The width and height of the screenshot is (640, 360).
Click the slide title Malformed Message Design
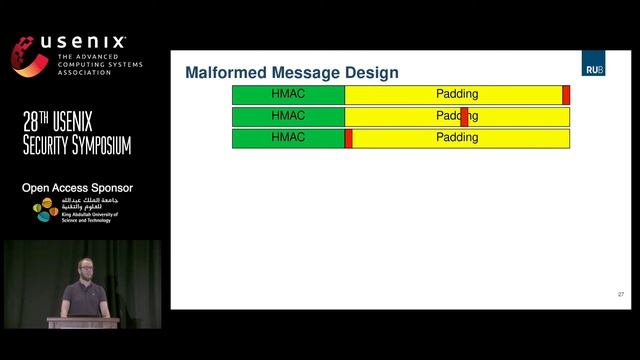coord(292,73)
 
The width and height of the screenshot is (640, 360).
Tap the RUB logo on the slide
coord(593,67)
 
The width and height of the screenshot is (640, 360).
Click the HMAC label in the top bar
coord(288,94)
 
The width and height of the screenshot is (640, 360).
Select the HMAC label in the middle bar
coord(288,116)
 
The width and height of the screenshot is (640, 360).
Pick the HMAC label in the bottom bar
coord(288,138)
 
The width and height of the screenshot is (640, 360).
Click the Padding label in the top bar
coord(457,94)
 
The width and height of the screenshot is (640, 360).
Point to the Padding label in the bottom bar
coord(457,138)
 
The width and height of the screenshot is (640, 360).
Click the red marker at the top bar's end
coord(566,95)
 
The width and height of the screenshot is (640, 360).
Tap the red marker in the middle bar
coord(464,117)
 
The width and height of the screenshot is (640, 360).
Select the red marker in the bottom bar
coord(348,138)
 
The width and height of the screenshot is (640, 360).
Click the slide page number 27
coord(620,294)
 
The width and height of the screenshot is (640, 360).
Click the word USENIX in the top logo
coord(84,43)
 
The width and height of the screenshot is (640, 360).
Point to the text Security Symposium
coord(77,147)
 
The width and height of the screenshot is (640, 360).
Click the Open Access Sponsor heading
coord(77,188)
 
